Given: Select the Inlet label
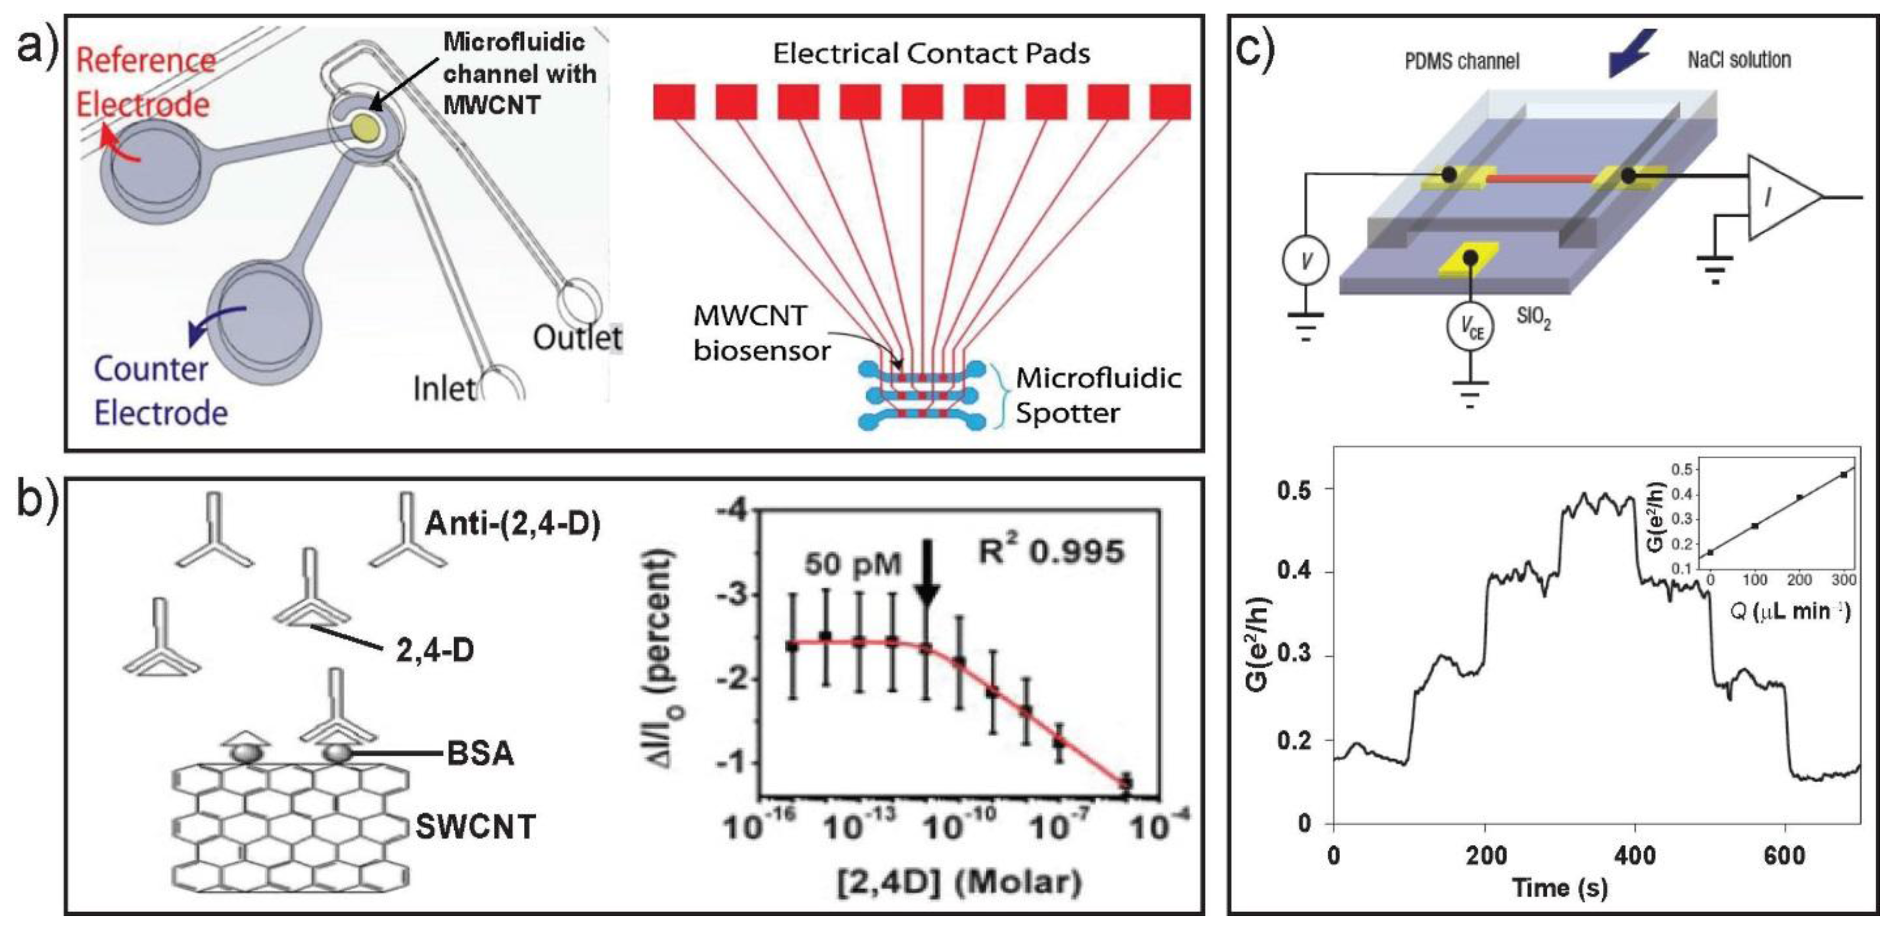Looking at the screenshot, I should [x=444, y=389].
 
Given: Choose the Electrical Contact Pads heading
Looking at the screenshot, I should [x=931, y=53].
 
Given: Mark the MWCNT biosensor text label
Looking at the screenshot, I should [x=761, y=334].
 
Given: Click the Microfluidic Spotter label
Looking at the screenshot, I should [x=1097, y=396].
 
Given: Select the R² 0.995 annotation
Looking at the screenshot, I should [x=1051, y=551].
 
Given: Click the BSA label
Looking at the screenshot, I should [x=480, y=754].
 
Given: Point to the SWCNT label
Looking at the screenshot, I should [x=475, y=827].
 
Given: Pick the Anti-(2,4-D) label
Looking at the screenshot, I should [x=513, y=523].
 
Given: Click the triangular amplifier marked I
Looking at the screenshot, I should [x=1779, y=197].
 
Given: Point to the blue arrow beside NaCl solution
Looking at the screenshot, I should [x=1631, y=51].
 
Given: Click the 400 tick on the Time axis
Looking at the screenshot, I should [x=1635, y=855].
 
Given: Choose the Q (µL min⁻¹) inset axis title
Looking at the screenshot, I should [x=1790, y=611].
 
